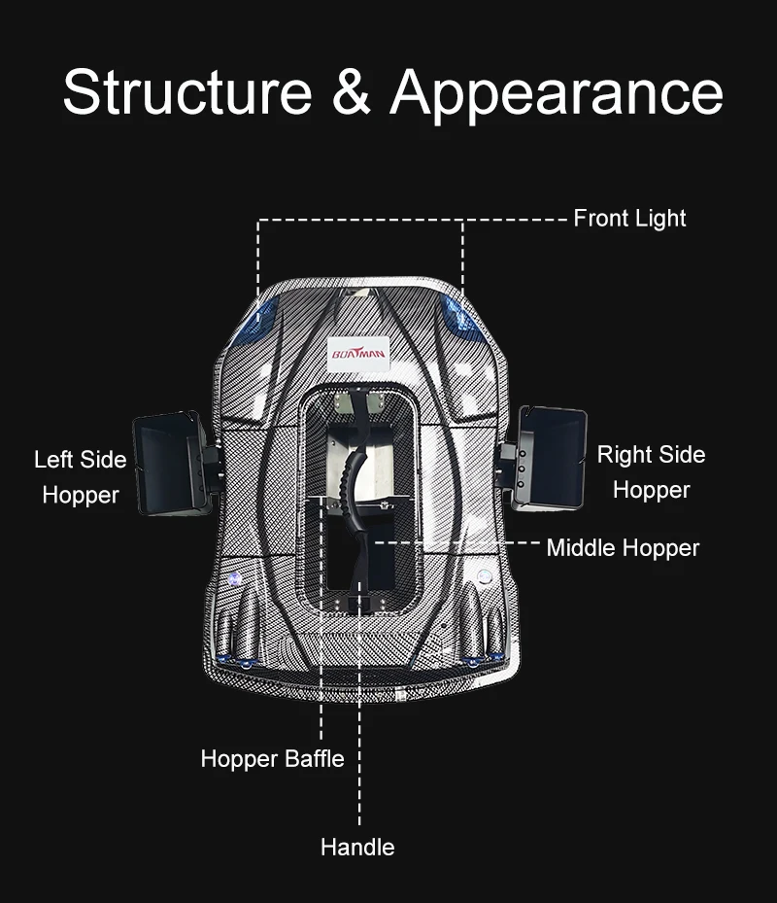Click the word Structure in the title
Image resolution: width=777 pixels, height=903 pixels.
pyautogui.click(x=186, y=94)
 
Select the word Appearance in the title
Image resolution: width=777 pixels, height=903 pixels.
pyautogui.click(x=557, y=94)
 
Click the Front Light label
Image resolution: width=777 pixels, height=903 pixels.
pyautogui.click(x=629, y=219)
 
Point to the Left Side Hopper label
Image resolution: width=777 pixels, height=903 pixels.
pyautogui.click(x=81, y=476)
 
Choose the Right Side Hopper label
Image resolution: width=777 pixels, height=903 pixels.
pyautogui.click(x=651, y=471)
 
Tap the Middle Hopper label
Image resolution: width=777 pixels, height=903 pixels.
pyautogui.click(x=623, y=547)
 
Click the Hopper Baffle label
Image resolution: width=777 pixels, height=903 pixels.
pyautogui.click(x=272, y=758)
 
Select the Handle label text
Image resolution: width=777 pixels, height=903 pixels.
pyautogui.click(x=357, y=847)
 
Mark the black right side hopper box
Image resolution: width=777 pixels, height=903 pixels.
pyautogui.click(x=552, y=455)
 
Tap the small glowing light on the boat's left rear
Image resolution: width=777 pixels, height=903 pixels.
pyautogui.click(x=234, y=577)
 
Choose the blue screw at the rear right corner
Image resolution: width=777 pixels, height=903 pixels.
pyautogui.click(x=473, y=663)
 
